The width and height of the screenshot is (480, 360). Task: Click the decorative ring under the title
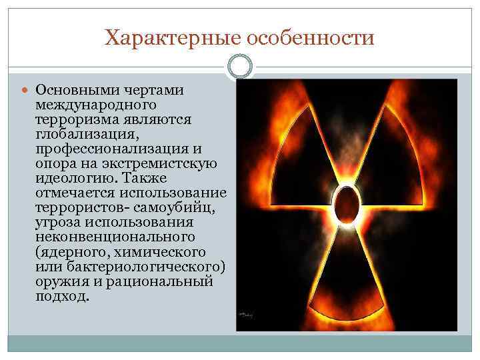pos(240,67)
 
